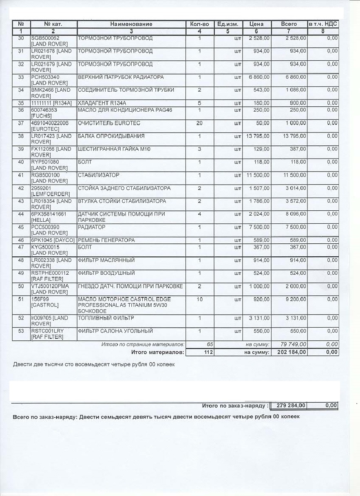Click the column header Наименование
click(131, 24)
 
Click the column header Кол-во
click(199, 24)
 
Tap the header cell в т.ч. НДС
click(322, 24)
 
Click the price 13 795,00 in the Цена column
click(258, 136)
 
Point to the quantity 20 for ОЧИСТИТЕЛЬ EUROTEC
click(199, 123)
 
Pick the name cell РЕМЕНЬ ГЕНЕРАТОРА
click(106, 240)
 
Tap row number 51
click(21, 300)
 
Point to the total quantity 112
click(208, 352)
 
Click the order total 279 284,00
click(290, 406)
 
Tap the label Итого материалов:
click(157, 352)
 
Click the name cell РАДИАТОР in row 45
click(92, 227)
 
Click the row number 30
click(21, 38)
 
